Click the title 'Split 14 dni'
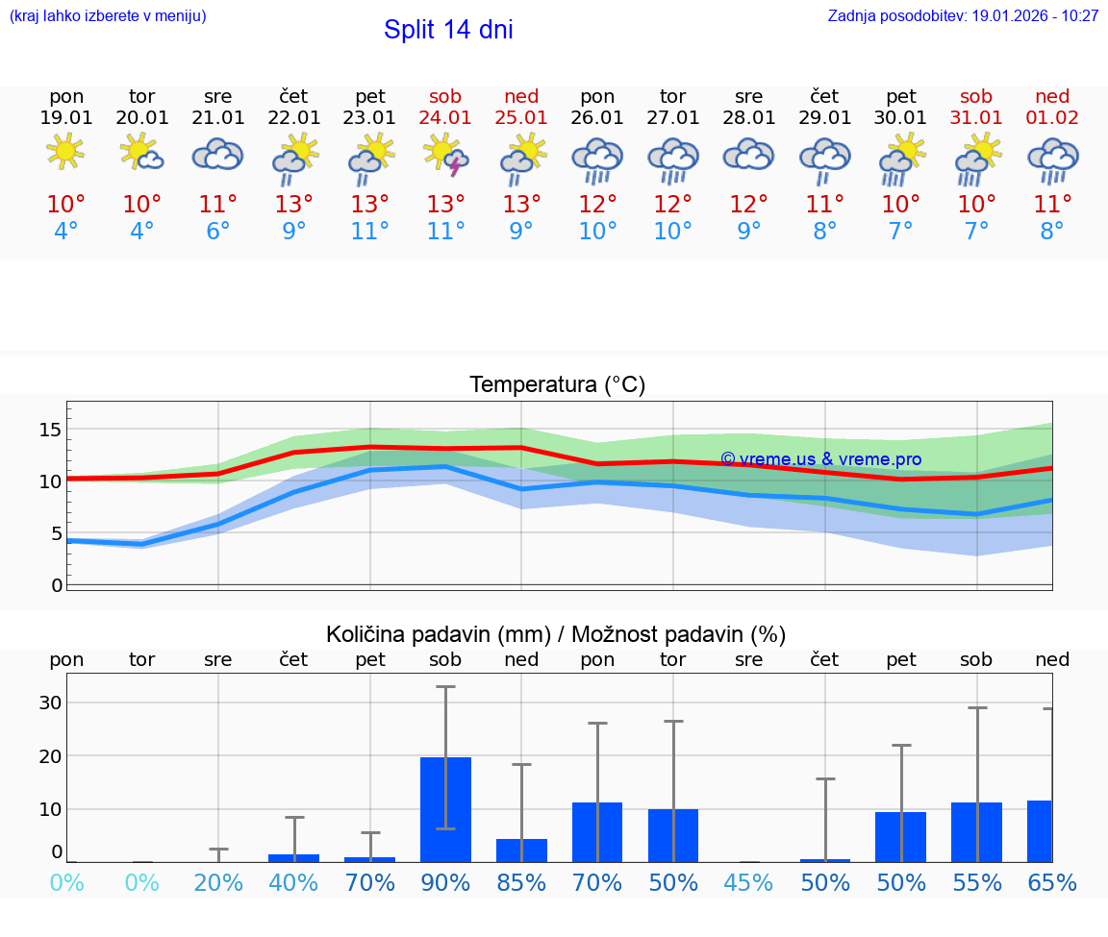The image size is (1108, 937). pyautogui.click(x=448, y=30)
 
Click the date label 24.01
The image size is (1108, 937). pyautogui.click(x=445, y=118)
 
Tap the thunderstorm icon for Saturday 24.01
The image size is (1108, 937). pyautogui.click(x=445, y=154)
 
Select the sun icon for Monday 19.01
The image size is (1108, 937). pyautogui.click(x=65, y=152)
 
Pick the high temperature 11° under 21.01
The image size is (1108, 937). pyautogui.click(x=218, y=205)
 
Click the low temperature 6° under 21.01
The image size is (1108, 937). pyautogui.click(x=218, y=232)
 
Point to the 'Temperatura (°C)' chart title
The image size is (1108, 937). pyautogui.click(x=557, y=385)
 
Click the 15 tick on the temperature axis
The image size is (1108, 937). pyautogui.click(x=51, y=429)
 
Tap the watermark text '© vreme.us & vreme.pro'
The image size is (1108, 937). pyautogui.click(x=820, y=459)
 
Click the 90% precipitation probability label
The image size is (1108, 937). pyautogui.click(x=445, y=883)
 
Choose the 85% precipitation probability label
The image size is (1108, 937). pyautogui.click(x=521, y=883)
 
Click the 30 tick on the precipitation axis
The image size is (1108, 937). pyautogui.click(x=51, y=703)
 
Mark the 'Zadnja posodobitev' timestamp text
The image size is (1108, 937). pyautogui.click(x=963, y=16)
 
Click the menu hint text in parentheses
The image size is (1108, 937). pyautogui.click(x=108, y=16)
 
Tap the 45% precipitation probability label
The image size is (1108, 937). pyautogui.click(x=748, y=883)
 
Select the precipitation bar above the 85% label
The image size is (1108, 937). pyautogui.click(x=521, y=851)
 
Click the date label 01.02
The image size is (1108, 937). pyautogui.click(x=1052, y=118)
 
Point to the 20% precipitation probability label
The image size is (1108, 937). pyautogui.click(x=218, y=883)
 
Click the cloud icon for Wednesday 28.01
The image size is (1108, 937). pyautogui.click(x=748, y=154)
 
